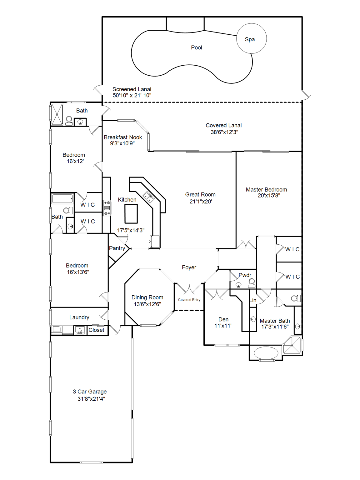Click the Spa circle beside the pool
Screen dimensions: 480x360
[251, 38]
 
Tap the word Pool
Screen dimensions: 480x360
[197, 47]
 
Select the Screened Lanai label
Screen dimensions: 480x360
[132, 89]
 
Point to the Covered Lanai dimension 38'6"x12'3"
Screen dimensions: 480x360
[224, 132]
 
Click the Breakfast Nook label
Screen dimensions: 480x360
[123, 137]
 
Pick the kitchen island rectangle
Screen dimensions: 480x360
[131, 213]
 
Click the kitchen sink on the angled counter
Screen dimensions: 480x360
[149, 197]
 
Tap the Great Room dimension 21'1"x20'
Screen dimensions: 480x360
[201, 202]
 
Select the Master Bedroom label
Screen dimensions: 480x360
[266, 190]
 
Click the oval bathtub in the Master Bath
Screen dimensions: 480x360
[266, 353]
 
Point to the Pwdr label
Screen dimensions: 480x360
[245, 275]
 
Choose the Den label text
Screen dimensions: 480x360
[223, 319]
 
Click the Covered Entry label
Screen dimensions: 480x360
[189, 300]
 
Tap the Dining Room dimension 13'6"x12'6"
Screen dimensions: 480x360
[147, 304]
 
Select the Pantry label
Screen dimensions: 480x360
[117, 248]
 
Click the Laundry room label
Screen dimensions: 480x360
[79, 317]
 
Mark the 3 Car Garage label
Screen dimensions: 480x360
[90, 392]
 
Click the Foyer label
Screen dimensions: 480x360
[189, 267]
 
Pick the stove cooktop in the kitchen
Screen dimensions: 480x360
[107, 208]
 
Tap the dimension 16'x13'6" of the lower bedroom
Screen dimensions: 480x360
[78, 272]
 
